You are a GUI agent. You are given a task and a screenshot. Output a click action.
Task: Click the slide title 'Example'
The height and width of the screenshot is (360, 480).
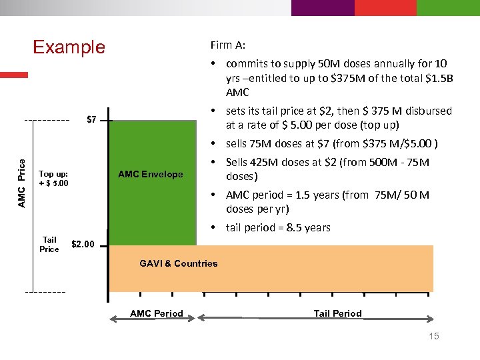(69, 47)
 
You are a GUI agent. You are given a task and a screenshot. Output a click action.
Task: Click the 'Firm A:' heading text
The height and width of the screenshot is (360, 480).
(228, 45)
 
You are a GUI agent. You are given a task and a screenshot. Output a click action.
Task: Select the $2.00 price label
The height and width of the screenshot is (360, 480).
(83, 244)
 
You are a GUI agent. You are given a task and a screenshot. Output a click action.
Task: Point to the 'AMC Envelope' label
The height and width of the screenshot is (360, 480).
(150, 175)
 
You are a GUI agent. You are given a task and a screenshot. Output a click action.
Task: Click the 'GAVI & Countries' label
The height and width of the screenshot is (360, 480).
(179, 263)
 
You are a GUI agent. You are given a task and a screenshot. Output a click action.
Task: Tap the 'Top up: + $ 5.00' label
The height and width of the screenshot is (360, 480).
(54, 179)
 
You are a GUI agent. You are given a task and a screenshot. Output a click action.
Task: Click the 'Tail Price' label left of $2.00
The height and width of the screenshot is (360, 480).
(49, 244)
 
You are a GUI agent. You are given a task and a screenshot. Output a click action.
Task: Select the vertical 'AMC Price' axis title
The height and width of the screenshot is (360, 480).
(21, 182)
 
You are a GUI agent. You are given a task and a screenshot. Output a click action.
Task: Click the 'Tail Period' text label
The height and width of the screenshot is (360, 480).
(337, 313)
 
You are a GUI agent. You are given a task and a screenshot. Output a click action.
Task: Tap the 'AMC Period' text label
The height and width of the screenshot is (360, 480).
(156, 313)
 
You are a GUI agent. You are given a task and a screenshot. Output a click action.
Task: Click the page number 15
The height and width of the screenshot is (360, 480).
(433, 336)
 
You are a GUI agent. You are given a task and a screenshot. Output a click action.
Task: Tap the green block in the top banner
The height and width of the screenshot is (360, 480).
(447, 7)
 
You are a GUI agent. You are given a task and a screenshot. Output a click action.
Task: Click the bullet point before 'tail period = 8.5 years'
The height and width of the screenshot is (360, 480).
(211, 228)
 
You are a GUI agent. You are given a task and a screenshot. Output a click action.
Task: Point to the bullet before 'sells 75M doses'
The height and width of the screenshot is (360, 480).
(211, 144)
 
